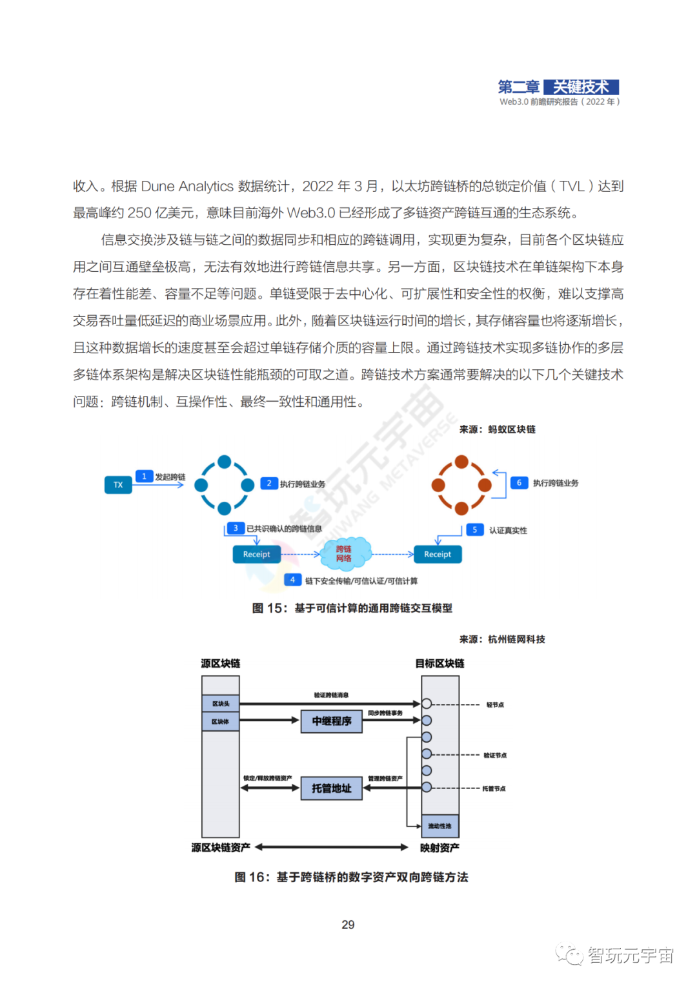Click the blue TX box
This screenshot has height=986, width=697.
point(118,485)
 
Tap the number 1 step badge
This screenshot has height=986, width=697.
point(144,477)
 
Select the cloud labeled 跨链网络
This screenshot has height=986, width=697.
point(344,553)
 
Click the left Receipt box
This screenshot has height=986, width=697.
point(256,555)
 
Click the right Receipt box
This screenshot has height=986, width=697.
point(438,555)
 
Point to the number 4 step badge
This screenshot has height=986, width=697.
point(292,580)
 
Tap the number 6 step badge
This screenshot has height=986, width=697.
point(519,483)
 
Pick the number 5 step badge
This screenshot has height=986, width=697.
point(475,530)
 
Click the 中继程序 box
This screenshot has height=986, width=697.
point(332,721)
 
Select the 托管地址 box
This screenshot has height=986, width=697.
point(332,788)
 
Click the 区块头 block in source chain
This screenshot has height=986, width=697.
point(221,704)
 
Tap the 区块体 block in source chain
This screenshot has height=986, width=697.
point(221,722)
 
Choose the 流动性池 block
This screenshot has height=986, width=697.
point(440,826)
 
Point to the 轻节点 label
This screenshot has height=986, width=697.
point(495,705)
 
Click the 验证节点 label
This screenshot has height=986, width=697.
point(495,755)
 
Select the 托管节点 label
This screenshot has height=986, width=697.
point(494,789)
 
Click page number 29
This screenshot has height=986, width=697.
point(348,925)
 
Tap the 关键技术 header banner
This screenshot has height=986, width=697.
point(581,87)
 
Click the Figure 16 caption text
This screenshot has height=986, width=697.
point(351,877)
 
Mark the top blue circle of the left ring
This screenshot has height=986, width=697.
point(224,462)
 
